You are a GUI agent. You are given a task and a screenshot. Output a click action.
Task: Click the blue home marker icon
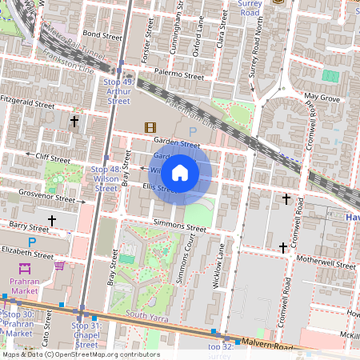tap(180, 172)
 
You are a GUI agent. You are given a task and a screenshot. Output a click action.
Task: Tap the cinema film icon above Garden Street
tap(150, 126)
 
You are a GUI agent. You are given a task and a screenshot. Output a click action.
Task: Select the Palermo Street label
tap(180, 74)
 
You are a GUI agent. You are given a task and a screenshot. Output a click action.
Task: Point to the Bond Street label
tap(102, 35)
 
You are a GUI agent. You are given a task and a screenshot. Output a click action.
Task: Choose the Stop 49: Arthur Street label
tap(118, 91)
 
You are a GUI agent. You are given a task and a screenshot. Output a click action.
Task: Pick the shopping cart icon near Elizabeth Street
tap(59, 266)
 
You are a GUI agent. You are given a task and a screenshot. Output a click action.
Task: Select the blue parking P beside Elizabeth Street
tap(32, 242)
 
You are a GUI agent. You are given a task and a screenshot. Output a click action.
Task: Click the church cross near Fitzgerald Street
tap(75, 122)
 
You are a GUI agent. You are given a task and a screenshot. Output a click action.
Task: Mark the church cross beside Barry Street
tap(53, 220)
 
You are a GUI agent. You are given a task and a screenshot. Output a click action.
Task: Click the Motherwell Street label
tap(325, 264)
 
